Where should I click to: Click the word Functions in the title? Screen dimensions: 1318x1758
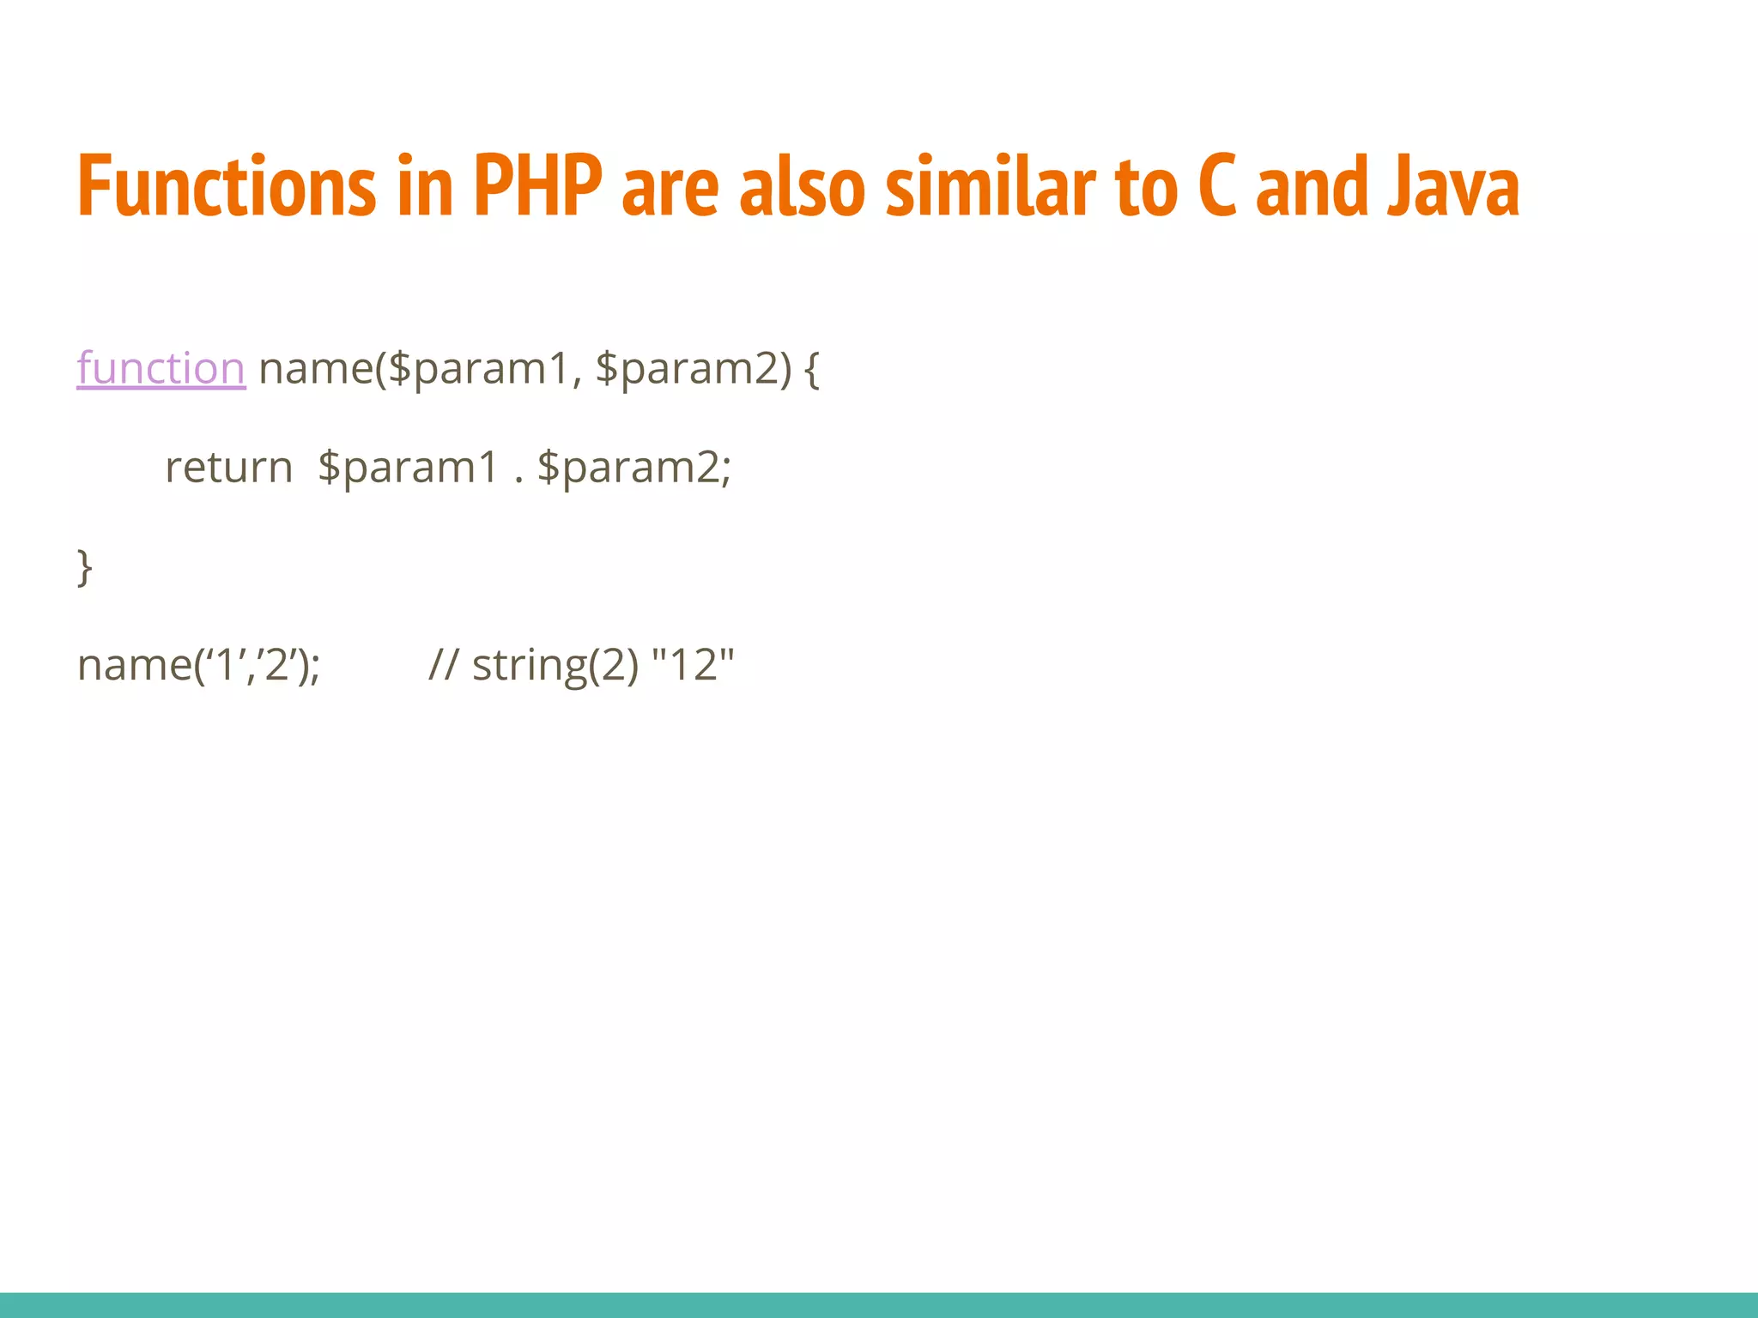227,186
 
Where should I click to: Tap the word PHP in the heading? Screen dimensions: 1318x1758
537,186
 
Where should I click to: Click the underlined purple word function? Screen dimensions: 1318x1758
161,369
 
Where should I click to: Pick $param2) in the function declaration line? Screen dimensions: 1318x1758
693,369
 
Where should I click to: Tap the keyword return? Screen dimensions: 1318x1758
229,469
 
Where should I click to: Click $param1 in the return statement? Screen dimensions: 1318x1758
408,469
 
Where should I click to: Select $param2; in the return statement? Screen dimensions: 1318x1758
634,469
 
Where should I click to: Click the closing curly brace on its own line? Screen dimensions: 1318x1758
84,567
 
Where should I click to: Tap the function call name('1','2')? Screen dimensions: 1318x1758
198,665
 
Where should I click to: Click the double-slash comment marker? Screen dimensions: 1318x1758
443,665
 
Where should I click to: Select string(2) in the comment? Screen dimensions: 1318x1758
555,665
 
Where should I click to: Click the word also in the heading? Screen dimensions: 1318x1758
802,186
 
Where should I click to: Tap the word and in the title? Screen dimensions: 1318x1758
1312,186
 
